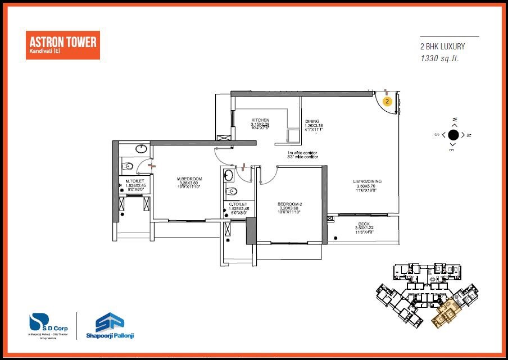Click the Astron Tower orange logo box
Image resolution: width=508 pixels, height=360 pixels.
(62, 45)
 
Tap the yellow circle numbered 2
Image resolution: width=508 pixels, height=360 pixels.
(387, 102)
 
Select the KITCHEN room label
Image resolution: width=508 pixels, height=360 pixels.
(260, 120)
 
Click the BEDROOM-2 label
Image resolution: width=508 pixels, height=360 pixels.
(289, 203)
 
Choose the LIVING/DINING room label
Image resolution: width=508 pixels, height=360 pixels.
(368, 181)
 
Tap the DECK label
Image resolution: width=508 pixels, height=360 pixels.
(364, 224)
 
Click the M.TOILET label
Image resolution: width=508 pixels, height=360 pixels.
(135, 180)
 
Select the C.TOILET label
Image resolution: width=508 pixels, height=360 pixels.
(239, 204)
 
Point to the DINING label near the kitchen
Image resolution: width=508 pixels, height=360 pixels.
(312, 121)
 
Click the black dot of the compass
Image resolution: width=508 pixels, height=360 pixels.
(453, 134)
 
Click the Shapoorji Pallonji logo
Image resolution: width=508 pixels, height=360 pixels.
(111, 325)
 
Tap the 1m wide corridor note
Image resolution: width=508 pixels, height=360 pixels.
(302, 153)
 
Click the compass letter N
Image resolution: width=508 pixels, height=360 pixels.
(468, 135)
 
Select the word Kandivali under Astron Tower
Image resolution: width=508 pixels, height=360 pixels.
(41, 52)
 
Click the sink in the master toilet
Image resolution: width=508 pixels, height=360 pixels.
(142, 149)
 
